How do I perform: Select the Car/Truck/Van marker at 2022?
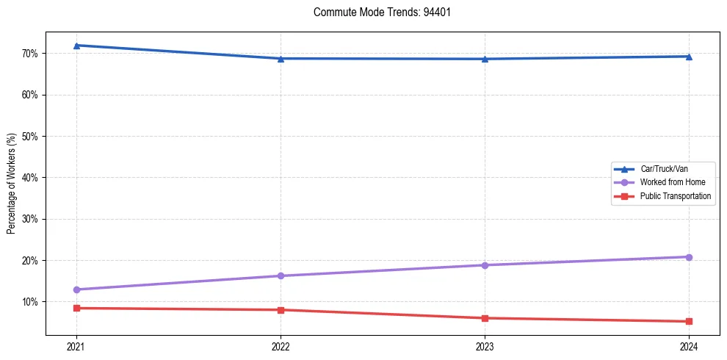pyautogui.click(x=281, y=59)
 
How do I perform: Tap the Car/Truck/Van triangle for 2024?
pyautogui.click(x=689, y=57)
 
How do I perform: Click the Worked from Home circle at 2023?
pyautogui.click(x=485, y=265)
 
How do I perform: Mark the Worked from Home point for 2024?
pyautogui.click(x=689, y=257)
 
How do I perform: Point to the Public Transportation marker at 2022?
pyautogui.click(x=281, y=310)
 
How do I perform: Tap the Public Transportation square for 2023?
pyautogui.click(x=485, y=318)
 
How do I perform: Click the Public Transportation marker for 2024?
pyautogui.click(x=689, y=321)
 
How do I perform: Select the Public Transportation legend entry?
pyautogui.click(x=675, y=196)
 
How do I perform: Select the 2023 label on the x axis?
pyautogui.click(x=485, y=346)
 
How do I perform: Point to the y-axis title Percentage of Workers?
pyautogui.click(x=12, y=184)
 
